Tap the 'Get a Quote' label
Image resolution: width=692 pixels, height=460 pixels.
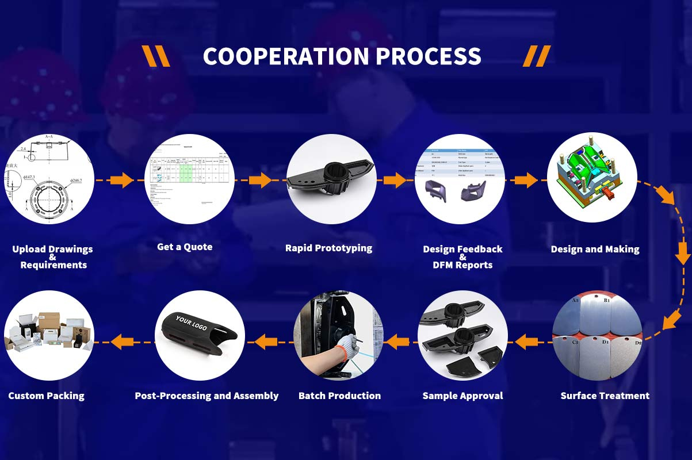[x=185, y=247]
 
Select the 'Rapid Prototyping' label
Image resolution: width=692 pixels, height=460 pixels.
[x=328, y=248]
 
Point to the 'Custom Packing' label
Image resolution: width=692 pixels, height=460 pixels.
[x=46, y=396]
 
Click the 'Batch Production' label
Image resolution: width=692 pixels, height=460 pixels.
[x=339, y=396]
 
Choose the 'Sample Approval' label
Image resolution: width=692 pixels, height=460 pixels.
[x=462, y=396]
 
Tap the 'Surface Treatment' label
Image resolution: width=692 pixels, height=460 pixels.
[x=605, y=396]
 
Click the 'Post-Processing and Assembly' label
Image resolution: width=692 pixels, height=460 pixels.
[x=207, y=396]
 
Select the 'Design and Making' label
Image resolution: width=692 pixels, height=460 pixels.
[x=595, y=249]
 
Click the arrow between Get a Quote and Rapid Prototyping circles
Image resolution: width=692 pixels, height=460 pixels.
[x=261, y=180]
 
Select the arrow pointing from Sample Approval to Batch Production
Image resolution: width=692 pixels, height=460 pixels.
[x=396, y=343]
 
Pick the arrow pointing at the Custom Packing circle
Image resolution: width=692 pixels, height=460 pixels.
[x=122, y=342]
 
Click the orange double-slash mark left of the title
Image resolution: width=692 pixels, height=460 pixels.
[x=156, y=56]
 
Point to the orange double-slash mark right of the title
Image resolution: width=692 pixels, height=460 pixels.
[x=537, y=56]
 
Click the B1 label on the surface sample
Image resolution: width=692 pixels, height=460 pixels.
[x=606, y=300]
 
